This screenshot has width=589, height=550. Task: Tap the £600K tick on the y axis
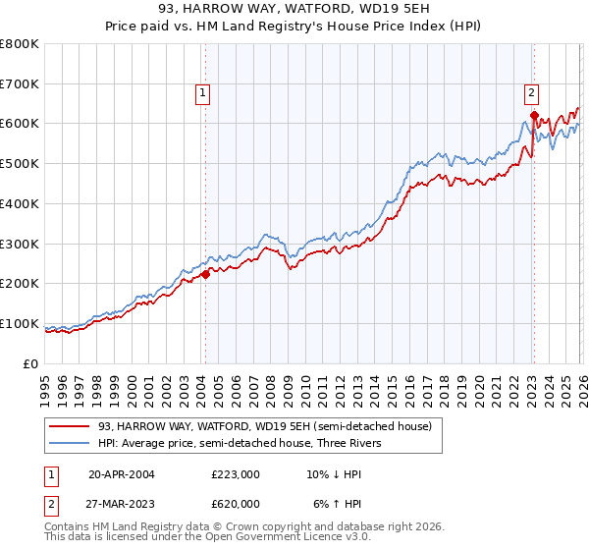[20, 124]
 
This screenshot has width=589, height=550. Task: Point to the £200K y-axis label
[20, 283]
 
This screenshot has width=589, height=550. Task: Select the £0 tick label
[31, 363]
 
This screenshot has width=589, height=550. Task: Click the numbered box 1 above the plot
[202, 93]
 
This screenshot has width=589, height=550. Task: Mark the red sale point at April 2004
[205, 275]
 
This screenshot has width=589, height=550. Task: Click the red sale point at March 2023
[534, 116]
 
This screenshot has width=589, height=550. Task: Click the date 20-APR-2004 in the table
[122, 473]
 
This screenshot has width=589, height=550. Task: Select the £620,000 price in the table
[236, 503]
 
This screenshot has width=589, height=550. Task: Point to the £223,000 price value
[236, 473]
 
